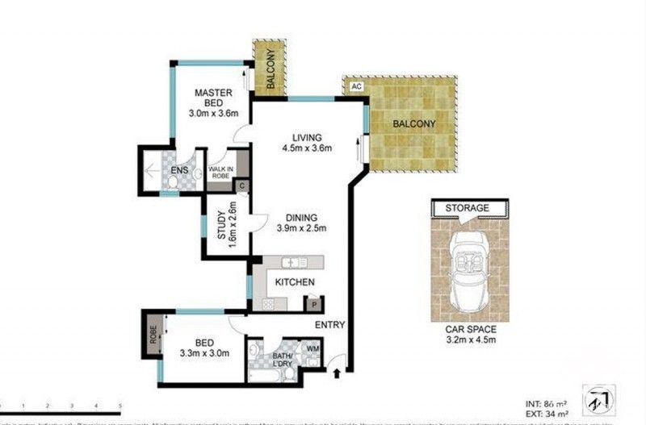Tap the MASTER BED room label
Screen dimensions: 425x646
pyautogui.click(x=213, y=103)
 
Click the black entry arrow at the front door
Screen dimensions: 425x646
pyautogui.click(x=338, y=372)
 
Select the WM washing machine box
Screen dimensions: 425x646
pyautogui.click(x=313, y=349)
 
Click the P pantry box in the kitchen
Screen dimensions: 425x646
pyautogui.click(x=311, y=304)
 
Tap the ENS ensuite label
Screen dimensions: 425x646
pyautogui.click(x=180, y=171)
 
